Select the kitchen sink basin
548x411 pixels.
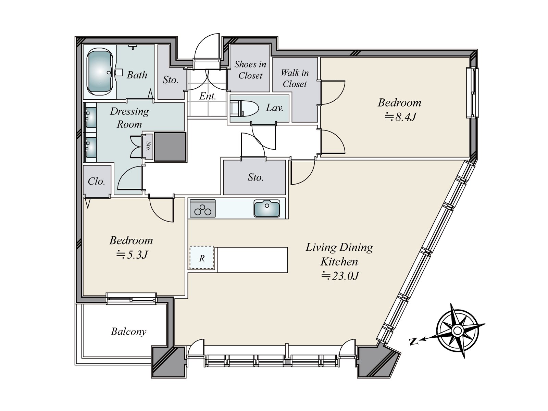(x=266, y=208)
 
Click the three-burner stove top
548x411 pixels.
(x=202, y=208)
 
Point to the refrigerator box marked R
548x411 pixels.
(x=201, y=258)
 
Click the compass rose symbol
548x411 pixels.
(x=457, y=331)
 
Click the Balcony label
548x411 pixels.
(x=128, y=332)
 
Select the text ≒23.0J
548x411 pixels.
(x=340, y=276)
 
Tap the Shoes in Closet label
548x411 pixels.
(x=250, y=70)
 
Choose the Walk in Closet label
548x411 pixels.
(x=295, y=78)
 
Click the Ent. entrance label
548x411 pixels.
(x=208, y=96)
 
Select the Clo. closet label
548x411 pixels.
(x=96, y=182)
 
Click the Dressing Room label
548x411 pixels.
(x=129, y=117)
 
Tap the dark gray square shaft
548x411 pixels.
(x=170, y=147)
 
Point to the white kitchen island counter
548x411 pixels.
(x=252, y=260)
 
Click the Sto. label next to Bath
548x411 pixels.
(x=171, y=80)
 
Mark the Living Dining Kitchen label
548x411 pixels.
(x=339, y=254)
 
